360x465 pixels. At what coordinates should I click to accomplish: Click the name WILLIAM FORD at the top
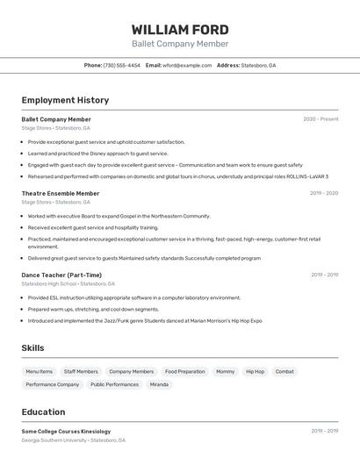tap(180, 29)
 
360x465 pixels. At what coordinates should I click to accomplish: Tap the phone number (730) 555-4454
tap(121, 65)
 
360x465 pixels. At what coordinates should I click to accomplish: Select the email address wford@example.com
tap(187, 65)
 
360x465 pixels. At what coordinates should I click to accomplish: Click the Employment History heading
tap(65, 100)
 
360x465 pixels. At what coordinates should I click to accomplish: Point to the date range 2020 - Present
tap(320, 119)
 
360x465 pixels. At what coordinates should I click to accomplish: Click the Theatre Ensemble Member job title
tap(61, 193)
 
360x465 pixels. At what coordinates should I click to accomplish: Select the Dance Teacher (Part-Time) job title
tap(61, 275)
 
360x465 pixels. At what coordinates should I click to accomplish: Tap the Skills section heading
tap(32, 348)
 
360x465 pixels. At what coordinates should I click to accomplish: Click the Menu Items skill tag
tap(40, 371)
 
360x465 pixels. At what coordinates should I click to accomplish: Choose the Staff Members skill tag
tap(81, 371)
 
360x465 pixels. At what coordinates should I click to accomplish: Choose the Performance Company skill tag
tap(52, 384)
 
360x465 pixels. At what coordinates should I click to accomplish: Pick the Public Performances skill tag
tap(114, 384)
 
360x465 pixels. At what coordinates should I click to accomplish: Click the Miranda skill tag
tap(159, 384)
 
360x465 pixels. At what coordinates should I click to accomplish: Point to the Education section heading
tap(44, 411)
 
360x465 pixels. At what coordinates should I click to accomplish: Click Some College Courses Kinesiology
tap(66, 432)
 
